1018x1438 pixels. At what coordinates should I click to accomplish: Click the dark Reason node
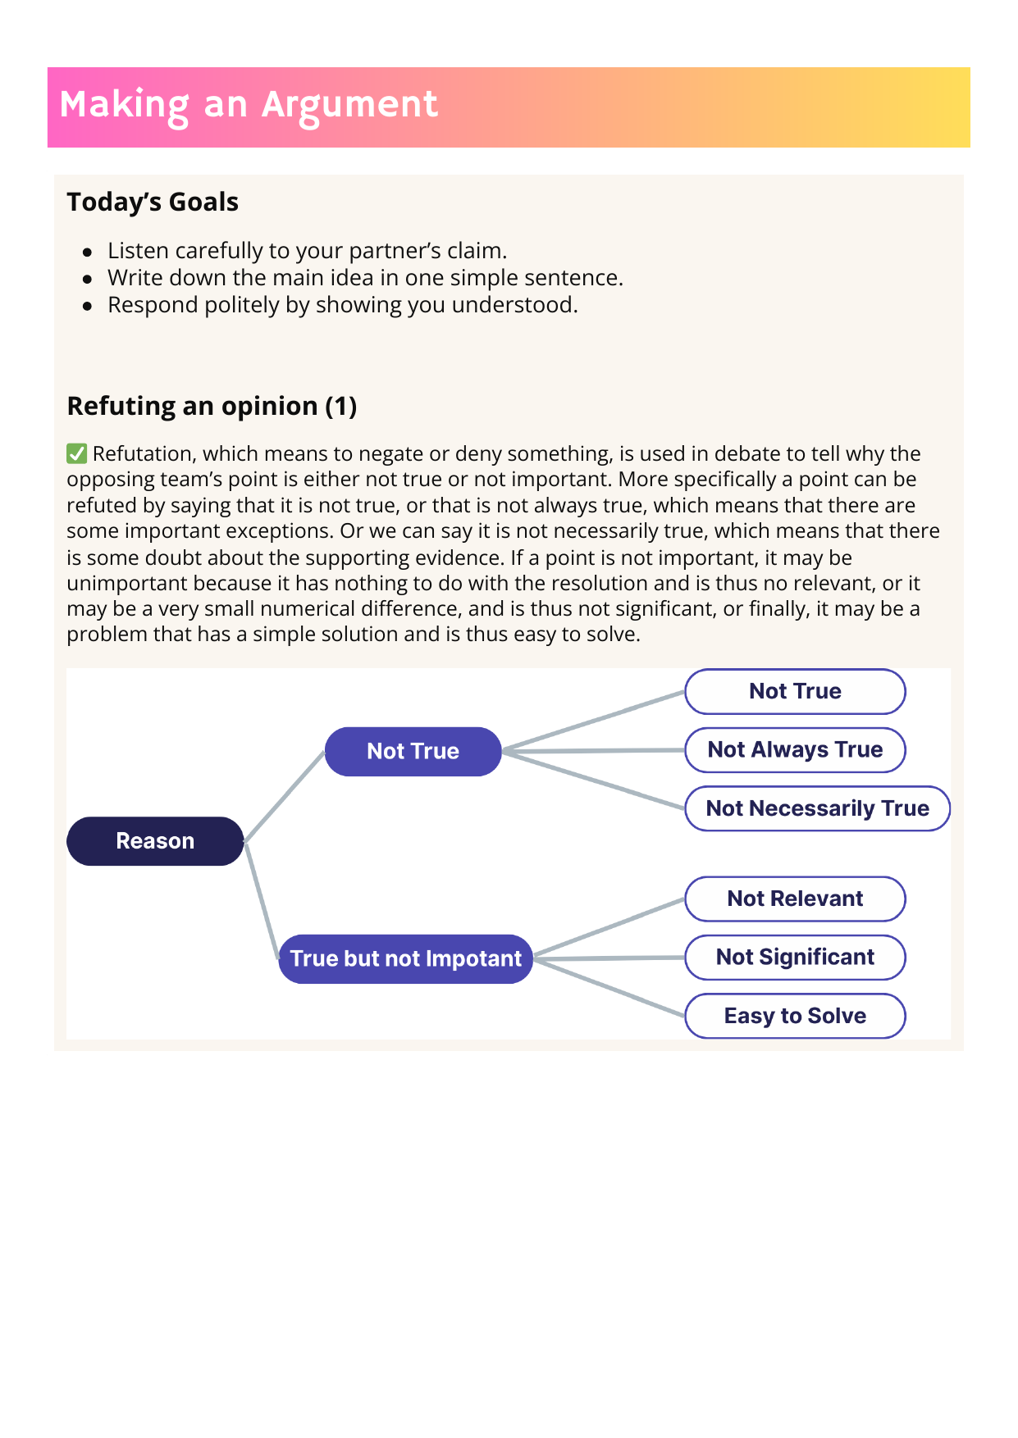pyautogui.click(x=155, y=841)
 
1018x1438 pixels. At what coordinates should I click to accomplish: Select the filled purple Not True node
pyautogui.click(x=413, y=751)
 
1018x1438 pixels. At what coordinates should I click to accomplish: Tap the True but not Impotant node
pyautogui.click(x=405, y=958)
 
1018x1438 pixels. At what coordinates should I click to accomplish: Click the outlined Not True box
pyautogui.click(x=795, y=691)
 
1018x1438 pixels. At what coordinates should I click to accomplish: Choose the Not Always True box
pyautogui.click(x=795, y=749)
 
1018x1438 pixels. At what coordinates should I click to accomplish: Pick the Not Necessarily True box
pyautogui.click(x=817, y=808)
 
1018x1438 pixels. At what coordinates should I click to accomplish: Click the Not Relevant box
pyautogui.click(x=795, y=899)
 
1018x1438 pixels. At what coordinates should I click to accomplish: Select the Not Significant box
pyautogui.click(x=795, y=957)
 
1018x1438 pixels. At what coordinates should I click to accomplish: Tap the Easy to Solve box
pyautogui.click(x=795, y=1016)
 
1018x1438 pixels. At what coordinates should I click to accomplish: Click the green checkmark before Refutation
pyautogui.click(x=77, y=453)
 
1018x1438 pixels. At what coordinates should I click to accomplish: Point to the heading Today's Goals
pyautogui.click(x=153, y=202)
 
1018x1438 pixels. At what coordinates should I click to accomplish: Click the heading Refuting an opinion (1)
pyautogui.click(x=212, y=406)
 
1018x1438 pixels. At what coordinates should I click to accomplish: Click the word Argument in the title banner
pyautogui.click(x=349, y=105)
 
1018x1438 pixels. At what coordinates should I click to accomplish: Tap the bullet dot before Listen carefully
pyautogui.click(x=88, y=253)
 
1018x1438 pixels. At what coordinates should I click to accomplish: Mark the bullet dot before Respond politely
pyautogui.click(x=88, y=307)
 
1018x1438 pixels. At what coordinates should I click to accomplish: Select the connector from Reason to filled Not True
pyautogui.click(x=285, y=796)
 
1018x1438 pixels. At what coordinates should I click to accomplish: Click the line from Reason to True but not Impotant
pyautogui.click(x=262, y=900)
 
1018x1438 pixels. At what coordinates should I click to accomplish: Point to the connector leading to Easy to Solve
pyautogui.click(x=609, y=987)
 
